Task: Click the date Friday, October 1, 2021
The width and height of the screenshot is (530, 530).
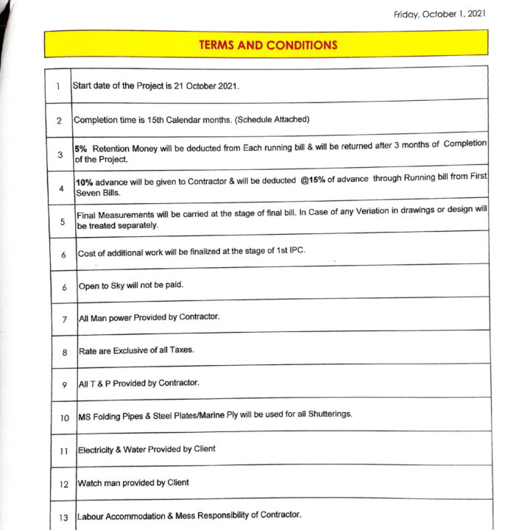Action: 439,14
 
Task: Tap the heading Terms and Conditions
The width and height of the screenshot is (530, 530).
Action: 268,45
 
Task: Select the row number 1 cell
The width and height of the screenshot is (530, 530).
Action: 57,87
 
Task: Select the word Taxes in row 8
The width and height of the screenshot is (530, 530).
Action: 181,350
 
